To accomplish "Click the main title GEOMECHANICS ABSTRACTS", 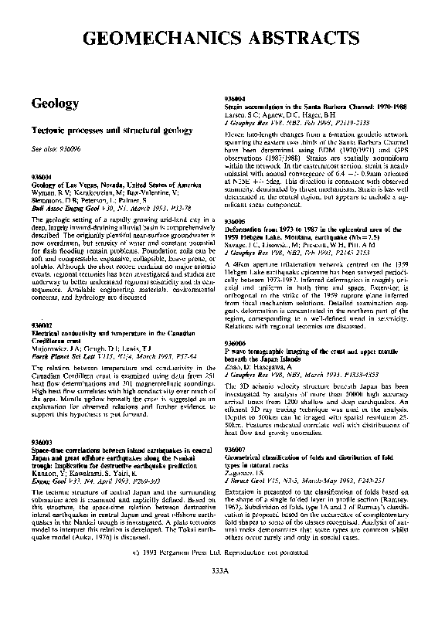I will (x=222, y=39).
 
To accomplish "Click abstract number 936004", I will (x=233, y=99).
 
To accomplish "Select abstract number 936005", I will (x=233, y=220).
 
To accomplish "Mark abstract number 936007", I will (x=233, y=449).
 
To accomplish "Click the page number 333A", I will (x=222, y=570).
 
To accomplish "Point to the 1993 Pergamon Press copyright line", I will (x=222, y=552).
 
